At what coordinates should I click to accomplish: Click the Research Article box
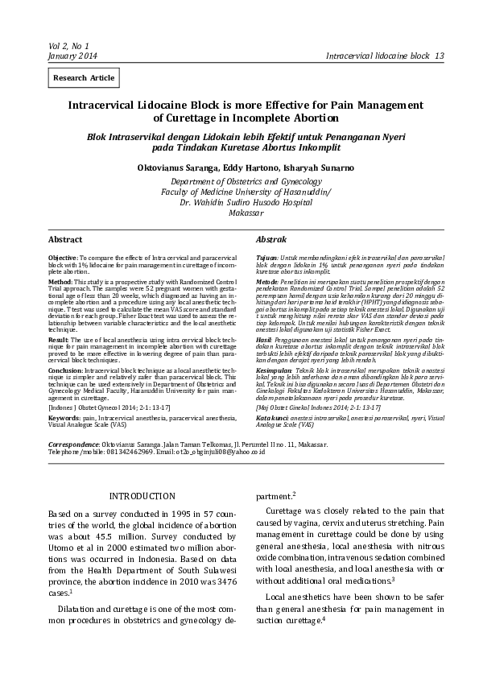[84, 78]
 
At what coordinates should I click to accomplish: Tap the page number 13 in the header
[440, 56]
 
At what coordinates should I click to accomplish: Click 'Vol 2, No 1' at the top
[68, 46]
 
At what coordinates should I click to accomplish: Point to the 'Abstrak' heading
[271, 240]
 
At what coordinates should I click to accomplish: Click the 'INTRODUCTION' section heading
[142, 496]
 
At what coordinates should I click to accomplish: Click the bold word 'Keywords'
[64, 397]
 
